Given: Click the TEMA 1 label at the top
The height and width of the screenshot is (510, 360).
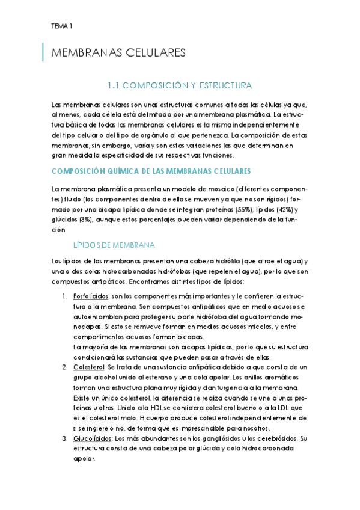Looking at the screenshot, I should (62, 26).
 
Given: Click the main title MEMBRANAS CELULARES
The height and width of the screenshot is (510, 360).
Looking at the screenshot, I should (119, 53).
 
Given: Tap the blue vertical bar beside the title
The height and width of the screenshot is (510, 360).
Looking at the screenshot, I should (43, 52).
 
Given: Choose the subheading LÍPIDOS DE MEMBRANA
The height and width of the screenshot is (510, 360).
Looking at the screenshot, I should (114, 245).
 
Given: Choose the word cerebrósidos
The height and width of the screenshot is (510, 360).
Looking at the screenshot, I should (276, 438).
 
